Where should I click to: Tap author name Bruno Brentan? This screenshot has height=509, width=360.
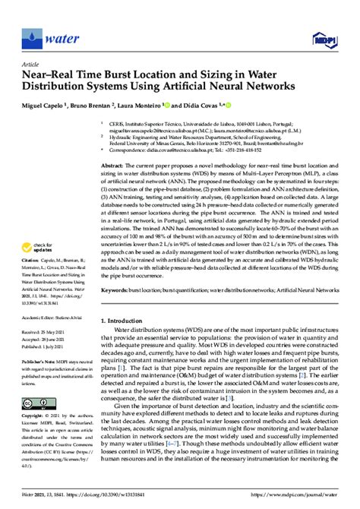(x=94, y=105)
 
